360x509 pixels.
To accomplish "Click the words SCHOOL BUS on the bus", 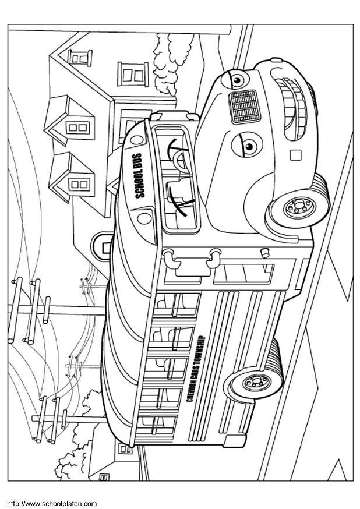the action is [x=138, y=176].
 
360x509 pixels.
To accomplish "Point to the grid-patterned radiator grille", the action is [x=245, y=106].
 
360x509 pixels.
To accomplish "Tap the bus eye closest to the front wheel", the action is [x=246, y=146].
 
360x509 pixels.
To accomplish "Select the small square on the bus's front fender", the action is [x=295, y=155].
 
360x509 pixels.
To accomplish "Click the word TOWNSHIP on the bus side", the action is [x=198, y=348].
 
